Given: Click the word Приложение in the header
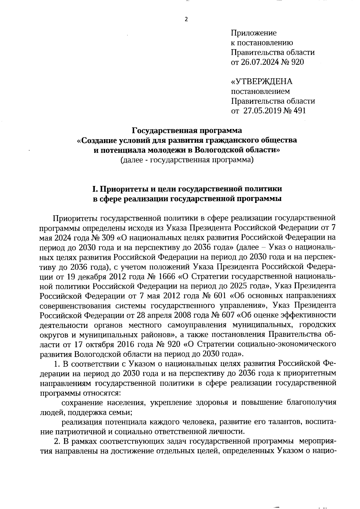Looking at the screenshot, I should (x=253, y=33).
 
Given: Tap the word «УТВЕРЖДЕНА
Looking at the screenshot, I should (x=262, y=81).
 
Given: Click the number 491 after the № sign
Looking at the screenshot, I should (x=298, y=111).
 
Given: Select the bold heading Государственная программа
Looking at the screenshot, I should (x=187, y=130).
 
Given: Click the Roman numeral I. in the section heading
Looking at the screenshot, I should (x=95, y=189).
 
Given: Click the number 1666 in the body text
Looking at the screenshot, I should (x=177, y=277).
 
